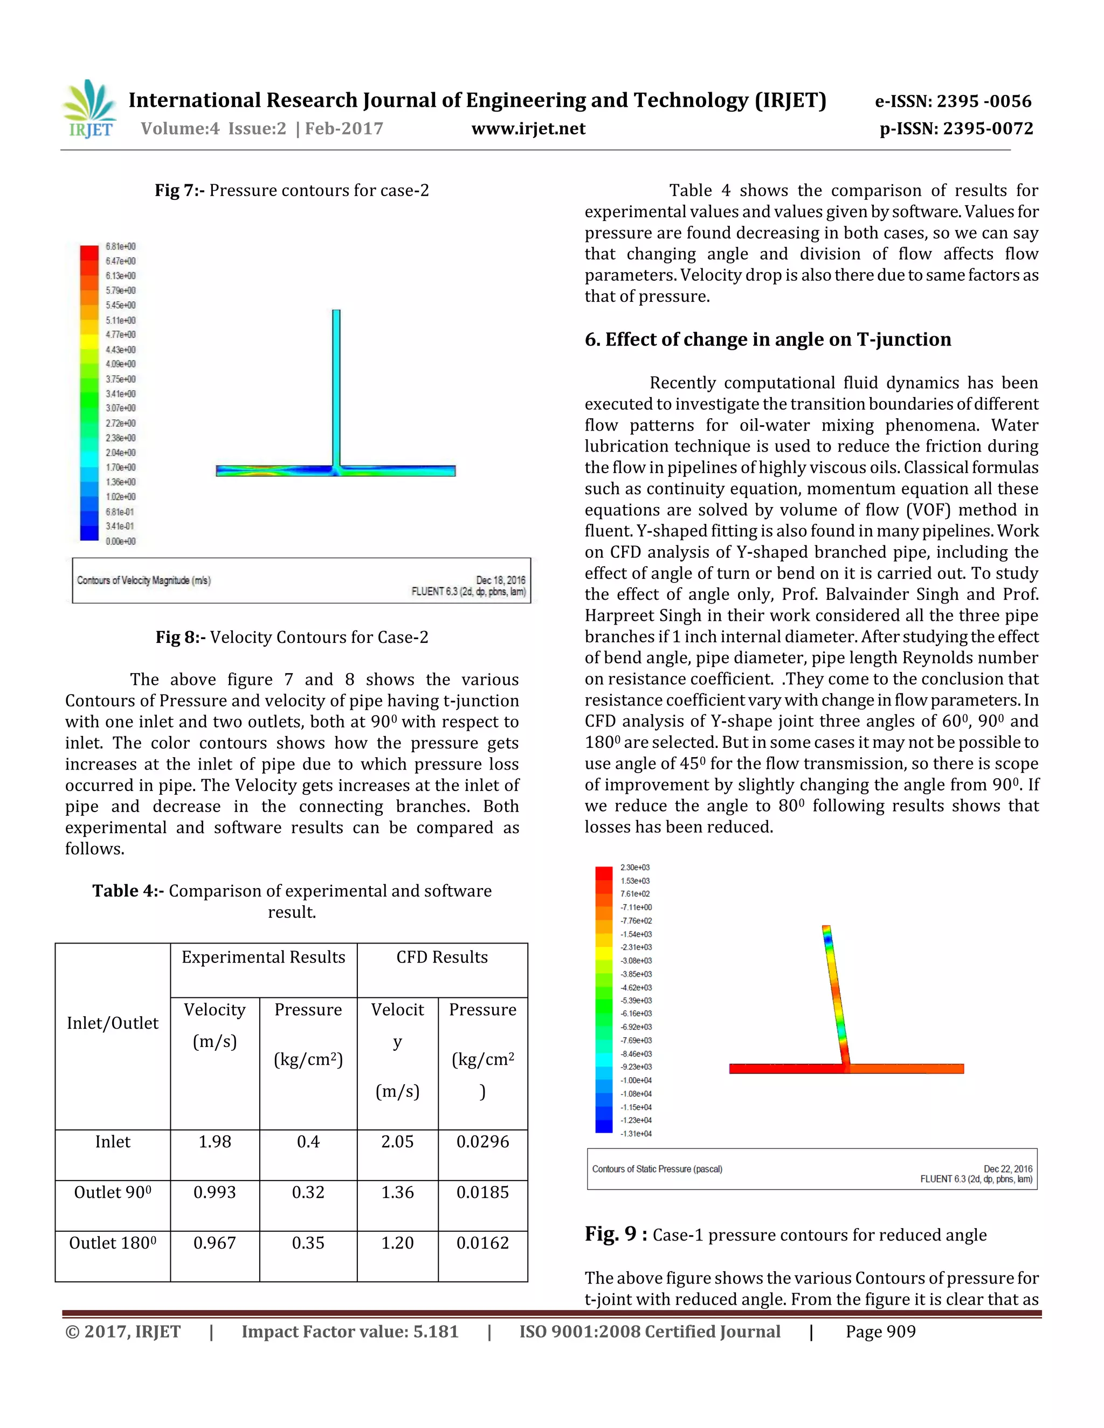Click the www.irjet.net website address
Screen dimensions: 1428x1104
point(528,128)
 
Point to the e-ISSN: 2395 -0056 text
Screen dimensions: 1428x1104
point(953,101)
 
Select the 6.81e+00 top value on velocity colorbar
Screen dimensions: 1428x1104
point(120,246)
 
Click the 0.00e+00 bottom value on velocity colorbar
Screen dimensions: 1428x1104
point(120,542)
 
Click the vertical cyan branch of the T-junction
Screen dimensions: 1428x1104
point(336,386)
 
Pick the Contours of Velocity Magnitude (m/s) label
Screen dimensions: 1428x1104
point(144,580)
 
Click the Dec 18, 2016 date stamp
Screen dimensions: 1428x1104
point(500,580)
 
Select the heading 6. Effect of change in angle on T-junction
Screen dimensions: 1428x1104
point(768,339)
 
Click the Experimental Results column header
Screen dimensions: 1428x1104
point(263,957)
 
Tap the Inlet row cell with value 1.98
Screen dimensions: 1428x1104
point(215,1142)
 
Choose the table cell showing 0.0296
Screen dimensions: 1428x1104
point(482,1142)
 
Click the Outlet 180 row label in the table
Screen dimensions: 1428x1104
point(113,1243)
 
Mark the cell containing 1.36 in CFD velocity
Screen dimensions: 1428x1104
point(398,1192)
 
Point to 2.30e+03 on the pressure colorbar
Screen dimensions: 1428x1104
point(634,868)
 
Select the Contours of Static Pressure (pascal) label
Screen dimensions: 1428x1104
point(657,1169)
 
